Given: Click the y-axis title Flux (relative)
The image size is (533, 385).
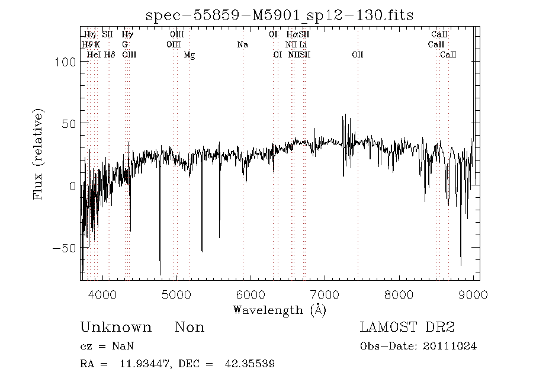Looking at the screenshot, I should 39,154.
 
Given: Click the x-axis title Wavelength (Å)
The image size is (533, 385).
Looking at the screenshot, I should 280,310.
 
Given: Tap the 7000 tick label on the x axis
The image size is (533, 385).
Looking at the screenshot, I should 325,294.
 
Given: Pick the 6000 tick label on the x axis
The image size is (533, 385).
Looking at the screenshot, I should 251,294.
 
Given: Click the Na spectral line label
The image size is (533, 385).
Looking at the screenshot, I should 242,45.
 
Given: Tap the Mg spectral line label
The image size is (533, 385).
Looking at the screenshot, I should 190,55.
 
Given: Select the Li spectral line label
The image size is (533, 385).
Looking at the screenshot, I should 303,45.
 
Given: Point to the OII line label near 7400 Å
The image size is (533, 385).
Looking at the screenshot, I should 357,55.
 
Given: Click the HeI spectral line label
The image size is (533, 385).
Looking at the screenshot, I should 94,55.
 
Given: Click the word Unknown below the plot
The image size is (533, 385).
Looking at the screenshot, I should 115,328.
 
